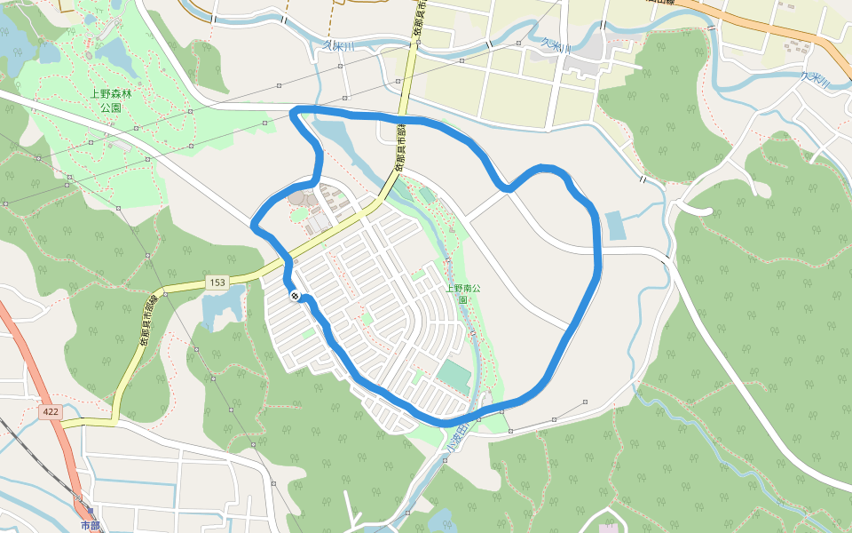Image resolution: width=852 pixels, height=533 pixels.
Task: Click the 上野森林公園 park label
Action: pos(105,100)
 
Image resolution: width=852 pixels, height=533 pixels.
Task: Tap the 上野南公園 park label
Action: pos(462,294)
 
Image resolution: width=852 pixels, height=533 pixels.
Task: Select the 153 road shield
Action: pos(217,282)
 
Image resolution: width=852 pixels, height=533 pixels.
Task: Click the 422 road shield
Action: pos(51,412)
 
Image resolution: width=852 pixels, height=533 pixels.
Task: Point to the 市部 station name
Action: pos(91,525)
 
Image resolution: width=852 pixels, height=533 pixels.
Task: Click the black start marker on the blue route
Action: pos(294,297)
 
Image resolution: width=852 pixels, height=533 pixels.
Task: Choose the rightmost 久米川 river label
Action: pos(813,79)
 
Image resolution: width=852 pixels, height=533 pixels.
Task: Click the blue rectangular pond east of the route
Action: pos(614,226)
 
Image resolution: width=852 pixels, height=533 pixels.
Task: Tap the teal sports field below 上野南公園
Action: pos(454,376)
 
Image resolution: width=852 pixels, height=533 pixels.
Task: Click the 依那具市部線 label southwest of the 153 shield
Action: pos(142,338)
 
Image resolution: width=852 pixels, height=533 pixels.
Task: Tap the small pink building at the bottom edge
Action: pos(609,528)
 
